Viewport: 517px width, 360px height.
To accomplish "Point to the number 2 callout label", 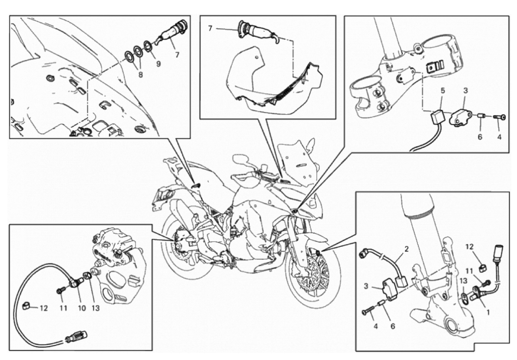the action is tap(407, 249).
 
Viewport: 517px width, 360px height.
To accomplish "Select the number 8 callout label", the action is tap(140, 75).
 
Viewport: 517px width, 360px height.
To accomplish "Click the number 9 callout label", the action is tap(159, 64).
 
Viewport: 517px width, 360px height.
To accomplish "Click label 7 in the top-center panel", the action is tap(210, 29).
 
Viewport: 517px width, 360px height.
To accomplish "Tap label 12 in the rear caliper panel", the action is tap(43, 308).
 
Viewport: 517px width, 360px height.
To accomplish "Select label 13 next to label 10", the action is tap(95, 308).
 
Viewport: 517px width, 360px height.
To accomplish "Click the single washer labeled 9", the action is tap(149, 46).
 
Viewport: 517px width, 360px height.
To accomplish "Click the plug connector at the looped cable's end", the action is tap(76, 337).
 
